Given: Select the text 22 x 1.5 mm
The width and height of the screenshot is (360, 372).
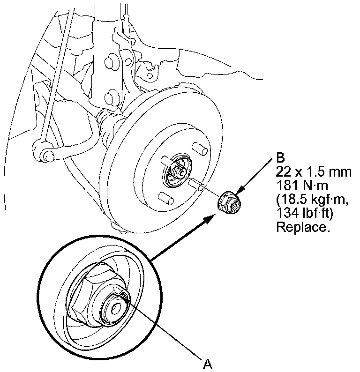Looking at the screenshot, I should [314, 171].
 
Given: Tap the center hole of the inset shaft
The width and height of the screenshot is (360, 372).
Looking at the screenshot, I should [115, 308].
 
